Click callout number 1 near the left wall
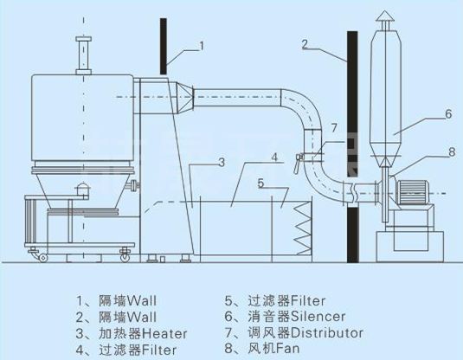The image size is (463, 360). (x=202, y=46)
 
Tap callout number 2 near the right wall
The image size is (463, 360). (x=305, y=44)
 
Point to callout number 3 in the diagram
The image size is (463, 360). (x=222, y=162)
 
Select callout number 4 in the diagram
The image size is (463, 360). (x=274, y=157)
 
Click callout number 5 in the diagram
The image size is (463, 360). (x=260, y=183)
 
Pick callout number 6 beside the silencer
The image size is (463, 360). (x=448, y=114)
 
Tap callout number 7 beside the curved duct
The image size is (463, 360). (x=334, y=128)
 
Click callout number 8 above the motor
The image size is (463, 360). (x=452, y=152)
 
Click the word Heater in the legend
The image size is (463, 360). (x=164, y=334)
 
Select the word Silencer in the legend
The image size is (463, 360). (x=318, y=317)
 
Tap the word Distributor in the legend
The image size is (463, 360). (x=327, y=333)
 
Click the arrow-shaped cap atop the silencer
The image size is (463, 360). (x=385, y=16)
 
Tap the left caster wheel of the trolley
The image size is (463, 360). (x=43, y=258)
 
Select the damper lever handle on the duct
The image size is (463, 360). (x=298, y=164)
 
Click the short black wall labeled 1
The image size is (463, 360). (x=164, y=47)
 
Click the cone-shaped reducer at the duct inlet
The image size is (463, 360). (x=185, y=98)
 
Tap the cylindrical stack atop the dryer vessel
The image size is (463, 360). (x=84, y=55)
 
